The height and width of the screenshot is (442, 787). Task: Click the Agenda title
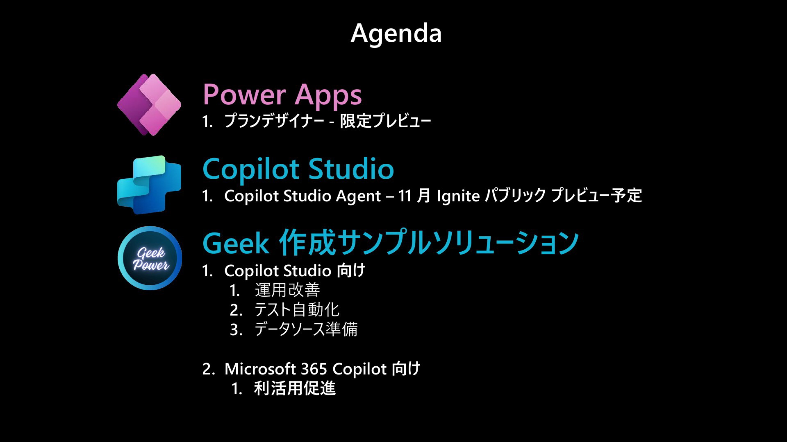click(x=396, y=34)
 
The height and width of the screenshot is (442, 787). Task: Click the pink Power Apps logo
click(x=149, y=105)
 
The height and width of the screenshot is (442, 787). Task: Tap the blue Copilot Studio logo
click(x=149, y=185)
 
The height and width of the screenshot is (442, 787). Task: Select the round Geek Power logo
click(x=150, y=258)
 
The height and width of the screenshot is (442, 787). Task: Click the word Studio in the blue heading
click(x=351, y=169)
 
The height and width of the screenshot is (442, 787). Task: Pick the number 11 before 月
click(x=405, y=196)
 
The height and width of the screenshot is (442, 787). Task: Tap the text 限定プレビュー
click(x=385, y=121)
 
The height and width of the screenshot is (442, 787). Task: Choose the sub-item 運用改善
click(x=287, y=290)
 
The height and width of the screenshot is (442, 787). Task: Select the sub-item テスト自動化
click(x=297, y=310)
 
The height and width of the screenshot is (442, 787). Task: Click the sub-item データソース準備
click(x=306, y=329)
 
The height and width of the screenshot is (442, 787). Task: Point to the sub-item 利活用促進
click(x=295, y=388)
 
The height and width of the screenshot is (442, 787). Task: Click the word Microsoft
click(x=259, y=369)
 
